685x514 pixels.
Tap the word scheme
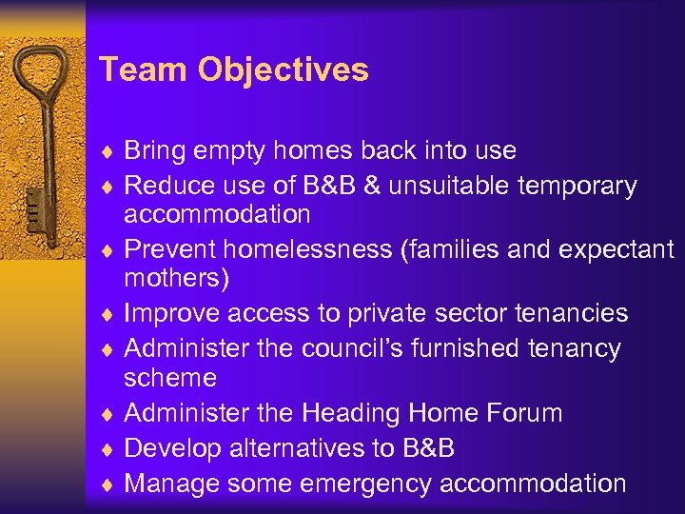(x=170, y=378)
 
